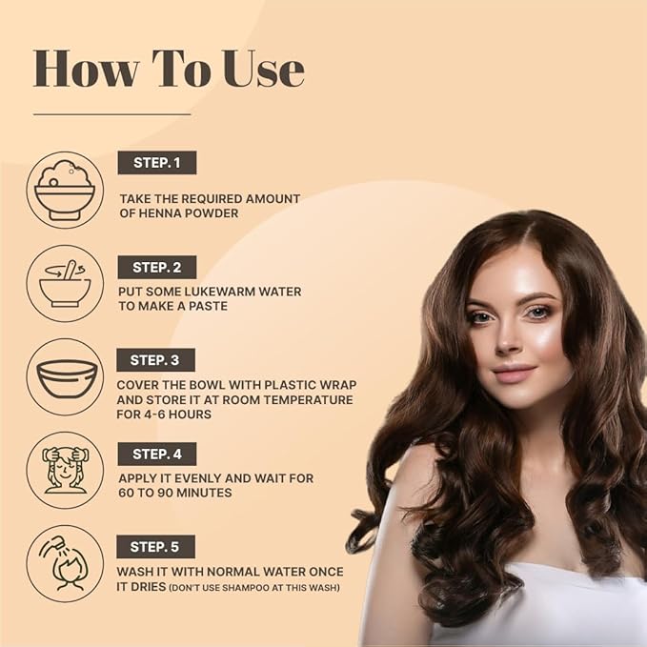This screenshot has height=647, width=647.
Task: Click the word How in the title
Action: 86,69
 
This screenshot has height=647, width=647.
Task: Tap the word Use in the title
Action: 264,69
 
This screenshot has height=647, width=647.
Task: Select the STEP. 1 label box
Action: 157,163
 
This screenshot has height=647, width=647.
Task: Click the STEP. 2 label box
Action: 157,267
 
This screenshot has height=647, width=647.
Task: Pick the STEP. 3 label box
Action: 155,360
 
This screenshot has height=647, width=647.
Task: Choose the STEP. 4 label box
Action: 157,454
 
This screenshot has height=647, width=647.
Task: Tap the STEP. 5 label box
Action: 155,547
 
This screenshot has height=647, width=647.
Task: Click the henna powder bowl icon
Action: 65,190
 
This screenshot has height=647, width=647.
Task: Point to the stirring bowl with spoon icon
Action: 65,283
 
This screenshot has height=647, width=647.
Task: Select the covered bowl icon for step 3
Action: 65,377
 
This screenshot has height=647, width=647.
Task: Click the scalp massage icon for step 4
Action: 65,471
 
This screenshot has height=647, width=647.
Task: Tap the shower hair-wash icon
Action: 65,564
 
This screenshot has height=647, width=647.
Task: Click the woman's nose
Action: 509,340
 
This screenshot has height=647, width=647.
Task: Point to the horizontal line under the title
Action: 111,114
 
